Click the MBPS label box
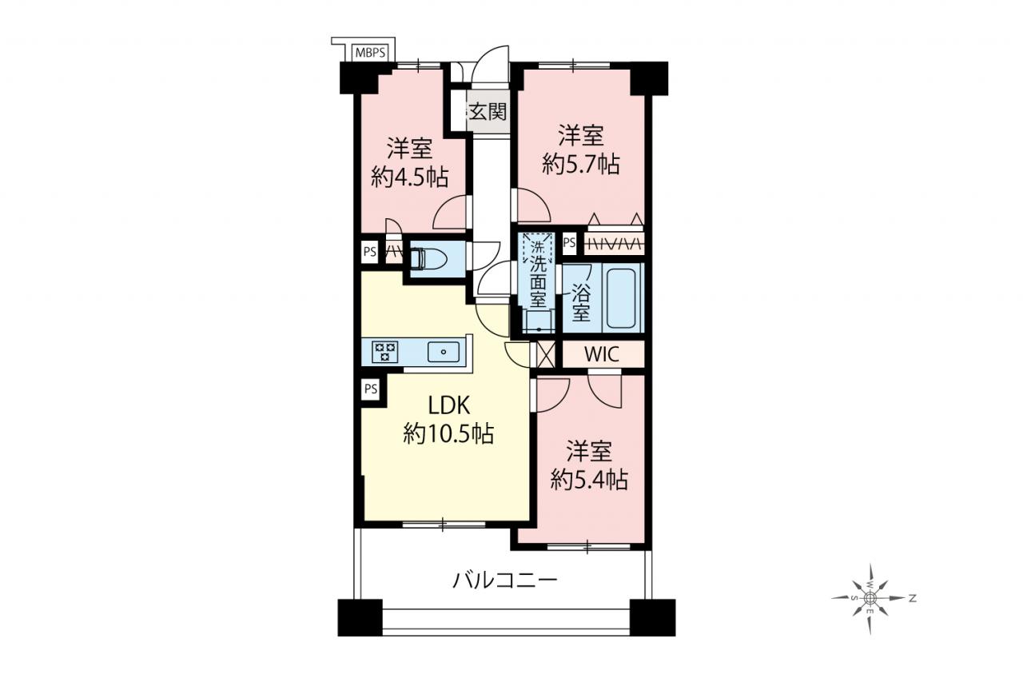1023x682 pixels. (x=370, y=53)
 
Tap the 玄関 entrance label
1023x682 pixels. (x=488, y=112)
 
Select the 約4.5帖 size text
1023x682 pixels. (x=409, y=177)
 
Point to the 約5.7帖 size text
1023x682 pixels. (x=581, y=164)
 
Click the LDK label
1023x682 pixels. (x=449, y=405)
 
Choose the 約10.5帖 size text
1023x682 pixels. (x=448, y=433)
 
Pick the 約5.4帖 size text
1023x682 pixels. (x=589, y=479)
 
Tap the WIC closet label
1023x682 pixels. (x=602, y=354)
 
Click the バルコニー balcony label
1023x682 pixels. (x=505, y=580)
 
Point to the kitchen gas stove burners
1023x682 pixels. (x=384, y=352)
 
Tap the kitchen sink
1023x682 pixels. (x=444, y=352)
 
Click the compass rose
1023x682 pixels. (x=869, y=599)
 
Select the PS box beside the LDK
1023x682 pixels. (x=371, y=389)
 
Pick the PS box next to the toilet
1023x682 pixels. (x=370, y=252)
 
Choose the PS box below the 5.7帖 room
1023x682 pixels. (x=569, y=242)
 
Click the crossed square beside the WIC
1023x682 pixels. (x=545, y=354)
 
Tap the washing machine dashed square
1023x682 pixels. (x=538, y=248)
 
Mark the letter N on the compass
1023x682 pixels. (x=913, y=598)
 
